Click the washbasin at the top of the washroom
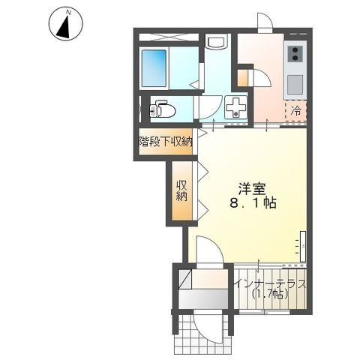pyautogui.click(x=217, y=42)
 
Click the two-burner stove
pyautogui.click(x=295, y=54)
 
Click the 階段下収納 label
pyautogui.click(x=165, y=140)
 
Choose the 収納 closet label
pyautogui.click(x=181, y=191)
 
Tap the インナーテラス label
pyautogui.click(x=270, y=284)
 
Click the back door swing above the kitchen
pyautogui.click(x=265, y=22)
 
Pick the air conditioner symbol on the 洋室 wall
pyautogui.click(x=304, y=244)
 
